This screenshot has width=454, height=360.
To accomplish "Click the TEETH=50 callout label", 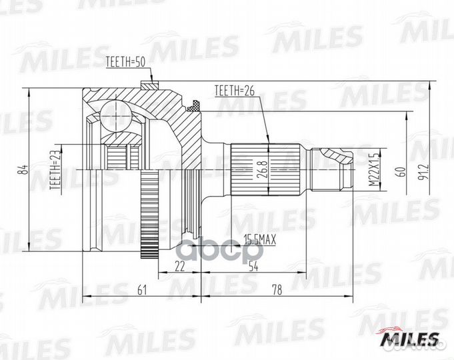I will coord(125,63).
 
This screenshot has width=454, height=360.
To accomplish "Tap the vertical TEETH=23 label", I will coord(53,170).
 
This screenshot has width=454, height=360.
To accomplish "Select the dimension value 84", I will coord(22,170).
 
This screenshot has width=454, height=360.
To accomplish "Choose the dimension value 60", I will coord(400,170).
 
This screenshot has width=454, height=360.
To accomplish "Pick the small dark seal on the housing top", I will coord(195,105).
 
